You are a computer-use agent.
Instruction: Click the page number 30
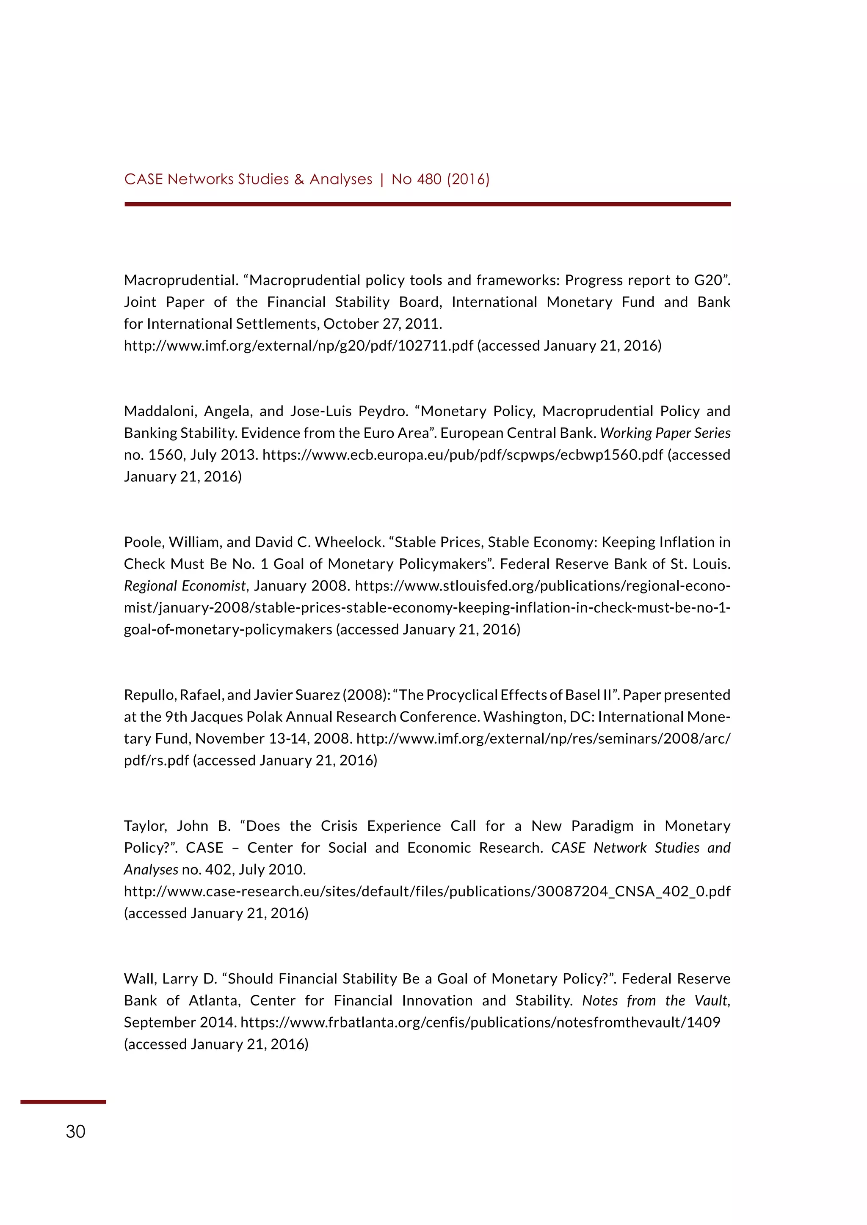(x=75, y=1131)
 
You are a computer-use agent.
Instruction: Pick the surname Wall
(x=136, y=978)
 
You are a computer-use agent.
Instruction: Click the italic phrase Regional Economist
(x=185, y=586)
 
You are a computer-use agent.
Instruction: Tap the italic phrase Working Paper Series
(x=665, y=433)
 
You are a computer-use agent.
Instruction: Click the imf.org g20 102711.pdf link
(x=298, y=346)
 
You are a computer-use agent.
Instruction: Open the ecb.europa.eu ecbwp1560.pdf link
(x=463, y=455)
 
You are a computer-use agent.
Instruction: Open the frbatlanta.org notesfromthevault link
(x=480, y=1022)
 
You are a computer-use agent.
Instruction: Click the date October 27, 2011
(x=382, y=324)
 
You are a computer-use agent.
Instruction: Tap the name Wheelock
(x=349, y=542)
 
